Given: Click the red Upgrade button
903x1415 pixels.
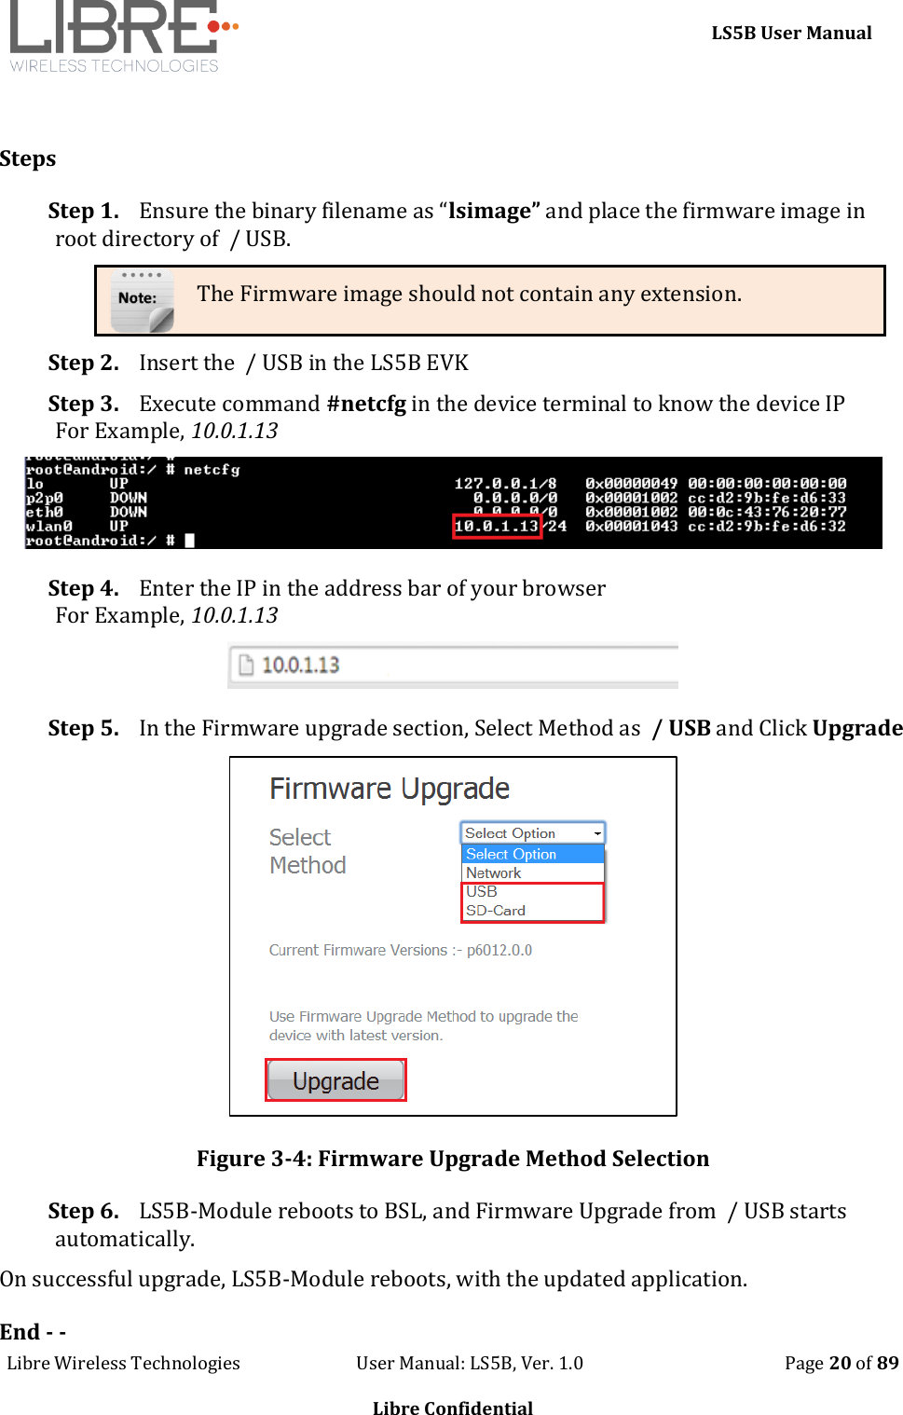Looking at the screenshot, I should coord(335,1080).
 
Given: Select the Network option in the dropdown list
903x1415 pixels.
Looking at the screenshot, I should coord(494,873).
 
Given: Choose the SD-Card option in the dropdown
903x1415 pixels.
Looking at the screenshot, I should coord(496,911).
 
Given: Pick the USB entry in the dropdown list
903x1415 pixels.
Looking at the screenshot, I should coord(482,892).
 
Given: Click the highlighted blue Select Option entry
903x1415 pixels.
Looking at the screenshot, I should coord(512,854).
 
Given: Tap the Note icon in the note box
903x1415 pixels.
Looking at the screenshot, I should coord(142,300).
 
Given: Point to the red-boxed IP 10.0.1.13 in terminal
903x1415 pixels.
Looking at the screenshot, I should coord(497,527).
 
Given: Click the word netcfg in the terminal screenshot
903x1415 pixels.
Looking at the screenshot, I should coord(212,470).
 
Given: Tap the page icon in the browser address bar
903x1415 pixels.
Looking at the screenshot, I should coord(246,665).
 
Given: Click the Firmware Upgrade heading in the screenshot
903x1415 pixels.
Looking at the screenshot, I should coord(390,790).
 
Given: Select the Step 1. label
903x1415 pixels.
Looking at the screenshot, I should coord(83,212).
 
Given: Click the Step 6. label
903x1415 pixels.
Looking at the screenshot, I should coord(83,1211).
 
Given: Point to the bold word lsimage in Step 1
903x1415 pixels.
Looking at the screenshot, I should coord(489,212).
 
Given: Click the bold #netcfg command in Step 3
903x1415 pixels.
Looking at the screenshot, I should coord(366,404).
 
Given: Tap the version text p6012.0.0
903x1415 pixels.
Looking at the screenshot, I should coord(499,950).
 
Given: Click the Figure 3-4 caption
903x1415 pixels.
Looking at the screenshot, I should coord(453,1159).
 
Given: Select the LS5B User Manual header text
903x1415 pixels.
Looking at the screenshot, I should coord(791,34).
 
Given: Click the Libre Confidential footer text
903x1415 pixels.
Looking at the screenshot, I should coord(453,1408).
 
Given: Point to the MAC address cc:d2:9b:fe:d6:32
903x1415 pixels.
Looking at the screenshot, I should coord(767,527).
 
